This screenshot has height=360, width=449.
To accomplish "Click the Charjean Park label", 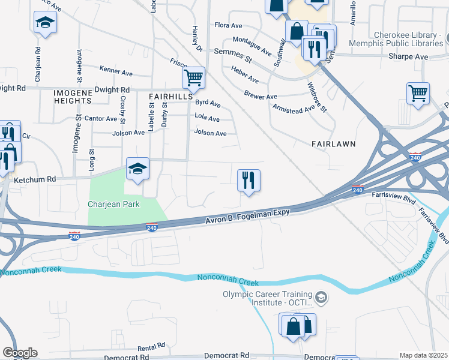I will point(113,204).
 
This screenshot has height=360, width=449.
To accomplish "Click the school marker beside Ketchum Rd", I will point(137,171).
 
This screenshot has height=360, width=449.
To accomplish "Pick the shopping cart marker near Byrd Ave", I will point(193,78).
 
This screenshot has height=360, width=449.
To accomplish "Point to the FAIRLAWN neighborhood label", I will point(334,145).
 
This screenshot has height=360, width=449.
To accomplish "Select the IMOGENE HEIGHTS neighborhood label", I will point(73,97).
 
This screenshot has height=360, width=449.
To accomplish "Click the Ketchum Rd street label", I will point(34,179).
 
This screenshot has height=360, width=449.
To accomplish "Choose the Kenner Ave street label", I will point(116,72).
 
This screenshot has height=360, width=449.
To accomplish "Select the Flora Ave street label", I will point(228,26).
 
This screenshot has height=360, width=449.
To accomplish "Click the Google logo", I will point(20,353).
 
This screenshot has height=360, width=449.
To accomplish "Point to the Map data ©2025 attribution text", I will point(423,355).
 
